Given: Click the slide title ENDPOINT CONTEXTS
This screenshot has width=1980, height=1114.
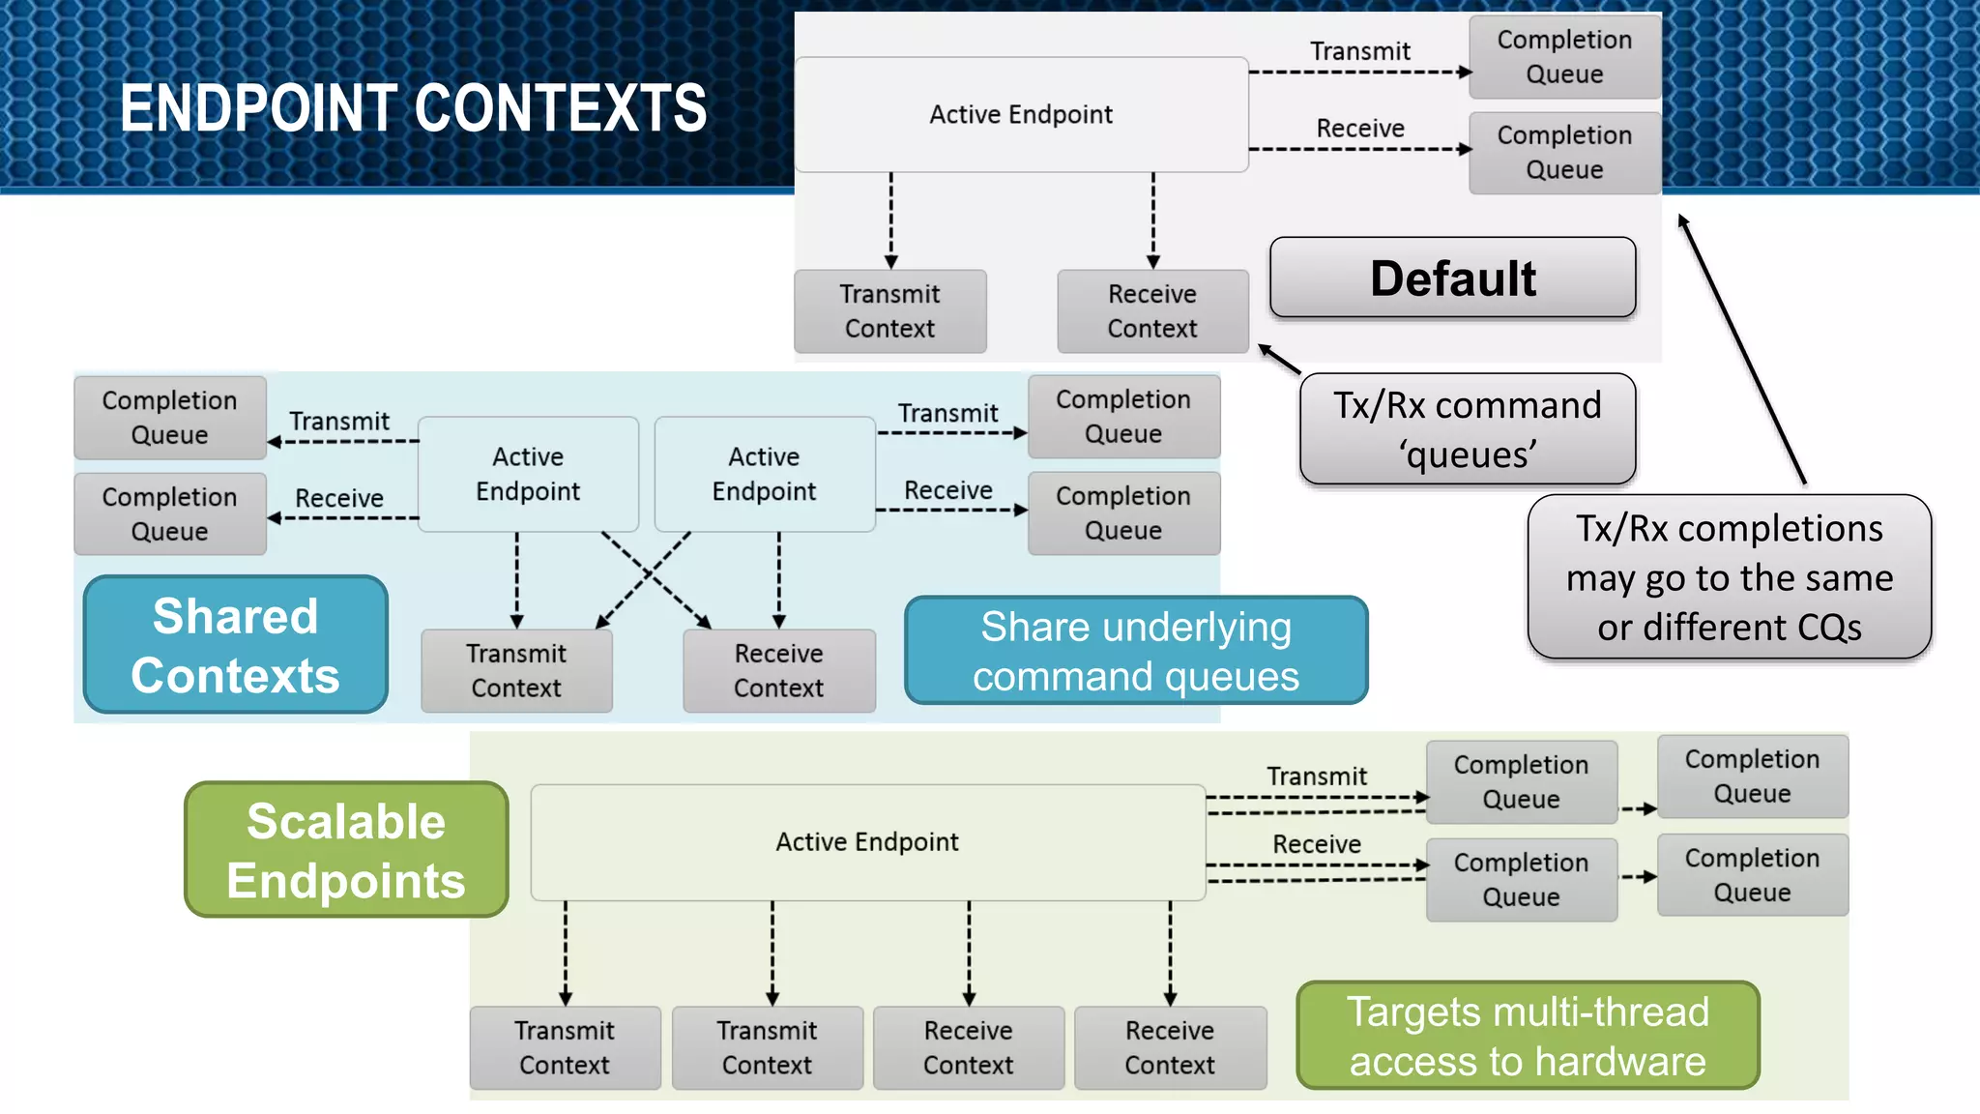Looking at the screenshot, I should [x=413, y=107].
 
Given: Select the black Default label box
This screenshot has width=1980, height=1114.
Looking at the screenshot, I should [x=1452, y=278].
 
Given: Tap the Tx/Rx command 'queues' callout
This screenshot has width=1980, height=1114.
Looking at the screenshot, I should [x=1467, y=429].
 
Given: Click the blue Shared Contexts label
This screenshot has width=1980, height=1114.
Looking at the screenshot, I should [x=235, y=645].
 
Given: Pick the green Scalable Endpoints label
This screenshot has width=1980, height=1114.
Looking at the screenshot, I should [x=346, y=850].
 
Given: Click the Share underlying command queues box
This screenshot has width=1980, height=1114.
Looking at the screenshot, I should [x=1135, y=651].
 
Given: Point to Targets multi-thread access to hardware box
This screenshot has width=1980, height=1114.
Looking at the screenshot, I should [x=1527, y=1036].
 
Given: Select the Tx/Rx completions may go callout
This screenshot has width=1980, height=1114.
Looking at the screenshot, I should [x=1729, y=577].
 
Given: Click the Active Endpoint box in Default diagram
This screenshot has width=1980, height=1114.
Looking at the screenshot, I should [x=1021, y=115].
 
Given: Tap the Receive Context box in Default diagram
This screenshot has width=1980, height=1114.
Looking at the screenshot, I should [x=1151, y=311].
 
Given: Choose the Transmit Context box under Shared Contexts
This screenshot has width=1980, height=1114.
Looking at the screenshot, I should [x=516, y=671].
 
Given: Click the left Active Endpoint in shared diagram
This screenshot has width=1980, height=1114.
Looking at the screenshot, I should [x=528, y=474].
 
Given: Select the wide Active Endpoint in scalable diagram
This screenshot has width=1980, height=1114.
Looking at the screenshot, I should [x=867, y=842].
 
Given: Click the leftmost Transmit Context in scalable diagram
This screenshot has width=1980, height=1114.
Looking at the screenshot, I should [x=565, y=1048].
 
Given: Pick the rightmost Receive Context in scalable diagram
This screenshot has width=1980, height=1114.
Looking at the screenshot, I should [x=1169, y=1048].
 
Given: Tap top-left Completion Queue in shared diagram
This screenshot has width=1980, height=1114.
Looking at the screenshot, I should [x=169, y=418].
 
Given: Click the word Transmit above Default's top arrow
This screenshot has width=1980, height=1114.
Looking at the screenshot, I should [x=1359, y=51].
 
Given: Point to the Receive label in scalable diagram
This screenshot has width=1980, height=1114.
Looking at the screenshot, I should [x=1316, y=844].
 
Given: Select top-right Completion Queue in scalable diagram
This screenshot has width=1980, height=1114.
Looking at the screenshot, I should [x=1752, y=777].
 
